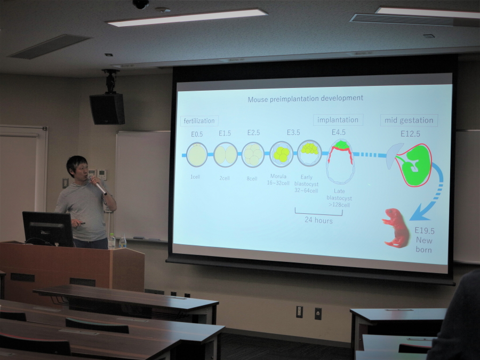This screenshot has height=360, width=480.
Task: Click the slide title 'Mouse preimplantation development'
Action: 305,98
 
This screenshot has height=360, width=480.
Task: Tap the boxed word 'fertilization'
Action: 199,121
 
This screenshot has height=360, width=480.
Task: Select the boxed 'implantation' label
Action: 338,119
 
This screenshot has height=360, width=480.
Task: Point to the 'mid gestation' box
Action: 409,121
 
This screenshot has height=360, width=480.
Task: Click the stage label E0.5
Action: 197,134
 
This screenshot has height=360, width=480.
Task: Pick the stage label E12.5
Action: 410,133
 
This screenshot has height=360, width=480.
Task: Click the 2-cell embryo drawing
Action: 226,155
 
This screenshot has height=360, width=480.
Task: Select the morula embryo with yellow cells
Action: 281,154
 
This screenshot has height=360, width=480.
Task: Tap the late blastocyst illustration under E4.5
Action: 340,161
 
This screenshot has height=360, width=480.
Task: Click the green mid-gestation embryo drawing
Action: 414,165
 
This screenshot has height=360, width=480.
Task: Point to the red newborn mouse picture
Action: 396,228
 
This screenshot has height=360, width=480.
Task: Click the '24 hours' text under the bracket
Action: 318,220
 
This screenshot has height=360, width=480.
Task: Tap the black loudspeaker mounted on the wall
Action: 107,109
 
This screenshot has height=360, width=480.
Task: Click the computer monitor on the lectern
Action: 48,229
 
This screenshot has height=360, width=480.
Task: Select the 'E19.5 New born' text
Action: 425,240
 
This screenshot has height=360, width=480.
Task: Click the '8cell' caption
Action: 252,179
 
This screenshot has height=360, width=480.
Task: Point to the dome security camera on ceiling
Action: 141,4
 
